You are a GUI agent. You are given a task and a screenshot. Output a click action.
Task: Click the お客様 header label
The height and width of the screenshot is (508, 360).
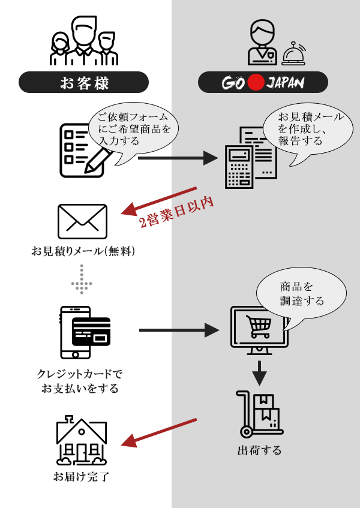coord(83,82)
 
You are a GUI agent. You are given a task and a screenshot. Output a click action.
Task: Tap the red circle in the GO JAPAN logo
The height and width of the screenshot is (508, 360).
coord(256,82)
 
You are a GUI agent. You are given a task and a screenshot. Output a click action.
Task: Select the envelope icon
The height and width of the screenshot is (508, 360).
coord(82,221)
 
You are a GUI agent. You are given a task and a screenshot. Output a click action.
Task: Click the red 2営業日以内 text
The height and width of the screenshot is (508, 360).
coord(176,212)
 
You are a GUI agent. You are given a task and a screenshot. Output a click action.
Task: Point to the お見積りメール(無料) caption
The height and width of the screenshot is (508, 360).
coord(83,251)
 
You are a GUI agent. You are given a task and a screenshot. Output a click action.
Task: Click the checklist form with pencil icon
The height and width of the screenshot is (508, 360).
coord(84,151)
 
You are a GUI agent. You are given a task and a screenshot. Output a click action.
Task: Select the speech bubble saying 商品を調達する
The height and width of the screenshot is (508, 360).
coord(301,293)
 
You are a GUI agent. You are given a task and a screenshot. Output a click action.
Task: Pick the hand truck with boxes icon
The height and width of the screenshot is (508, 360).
coord(259,414)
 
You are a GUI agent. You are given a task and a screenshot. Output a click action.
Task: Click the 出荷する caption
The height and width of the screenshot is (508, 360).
coord(259,450)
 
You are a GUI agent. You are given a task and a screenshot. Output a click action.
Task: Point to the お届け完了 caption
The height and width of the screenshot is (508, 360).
coord(82,477)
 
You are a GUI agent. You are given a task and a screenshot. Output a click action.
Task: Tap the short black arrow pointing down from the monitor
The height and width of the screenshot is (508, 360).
coord(259,373)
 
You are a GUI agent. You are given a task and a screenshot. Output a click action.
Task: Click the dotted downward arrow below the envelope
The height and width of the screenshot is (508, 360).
coord(82,279)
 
